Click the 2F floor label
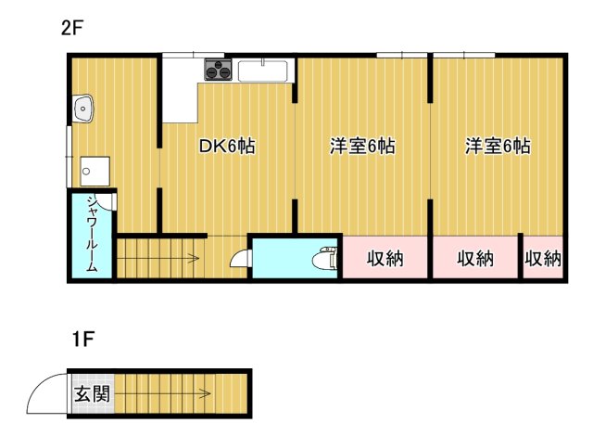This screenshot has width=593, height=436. tap(72, 27)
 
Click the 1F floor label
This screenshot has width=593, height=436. tap(82, 340)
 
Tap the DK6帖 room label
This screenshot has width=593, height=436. tap(228, 147)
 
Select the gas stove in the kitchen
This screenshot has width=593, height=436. tap(218, 70)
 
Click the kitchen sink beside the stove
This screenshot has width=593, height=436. tap(264, 70)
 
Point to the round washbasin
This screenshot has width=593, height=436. tap(86, 109)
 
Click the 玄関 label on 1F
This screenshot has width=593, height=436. tap(91, 393)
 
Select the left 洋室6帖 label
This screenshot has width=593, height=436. tap(363, 147)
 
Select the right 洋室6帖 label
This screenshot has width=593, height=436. tap(498, 147)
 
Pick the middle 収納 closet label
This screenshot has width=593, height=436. tap(475, 259)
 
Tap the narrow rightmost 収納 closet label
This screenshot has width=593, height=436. tap(543, 259)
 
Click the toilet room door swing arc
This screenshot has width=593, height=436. tap(238, 261)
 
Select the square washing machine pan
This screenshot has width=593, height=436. tap(95, 171)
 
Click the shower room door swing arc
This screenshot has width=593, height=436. tap(107, 202)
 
